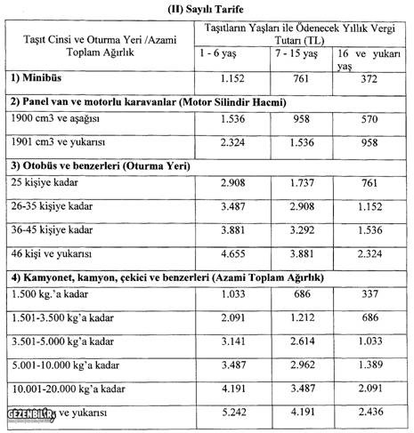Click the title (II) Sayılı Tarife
pos(207,9)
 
